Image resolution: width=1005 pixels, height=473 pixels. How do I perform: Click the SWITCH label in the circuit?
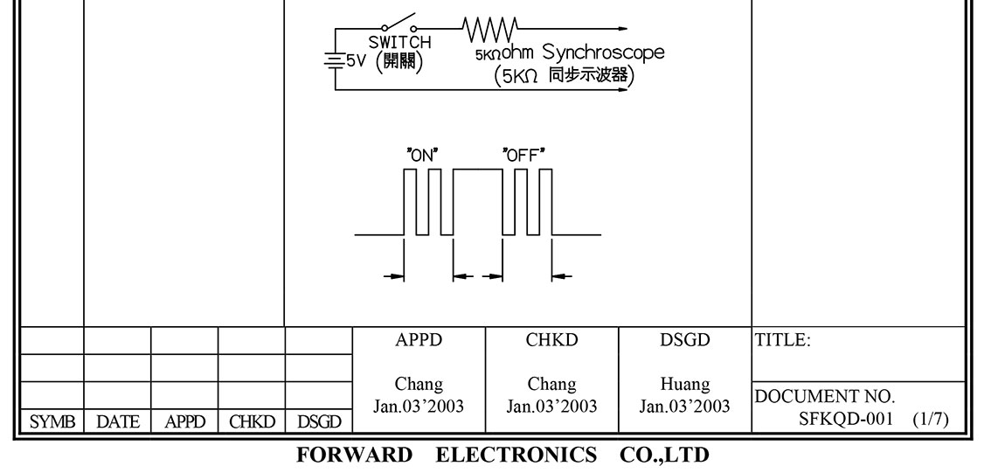coord(399,42)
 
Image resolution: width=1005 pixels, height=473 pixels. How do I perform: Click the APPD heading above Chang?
coord(419,341)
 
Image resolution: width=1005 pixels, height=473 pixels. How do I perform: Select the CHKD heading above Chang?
coord(551,341)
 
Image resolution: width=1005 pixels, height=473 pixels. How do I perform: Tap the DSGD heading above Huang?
coord(684,341)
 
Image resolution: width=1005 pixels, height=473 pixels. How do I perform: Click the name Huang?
coord(684,384)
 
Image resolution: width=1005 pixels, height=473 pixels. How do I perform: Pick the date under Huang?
coord(684,406)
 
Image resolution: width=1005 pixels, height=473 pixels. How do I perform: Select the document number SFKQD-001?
coord(845,420)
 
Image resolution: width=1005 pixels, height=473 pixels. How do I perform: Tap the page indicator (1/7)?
coord(930,420)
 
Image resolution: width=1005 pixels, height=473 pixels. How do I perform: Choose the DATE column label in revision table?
coord(117,422)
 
